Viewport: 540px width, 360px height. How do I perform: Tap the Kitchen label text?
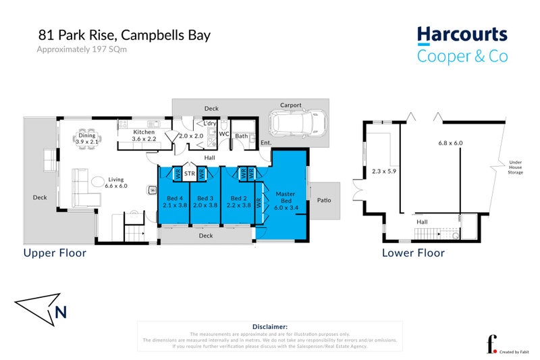click(144, 132)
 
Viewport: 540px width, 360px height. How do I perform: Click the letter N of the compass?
click(61, 312)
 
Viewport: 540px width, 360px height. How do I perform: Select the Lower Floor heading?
click(413, 253)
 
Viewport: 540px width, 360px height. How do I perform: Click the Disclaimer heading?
click(270, 326)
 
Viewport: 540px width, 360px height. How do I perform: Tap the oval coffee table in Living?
click(99, 180)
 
